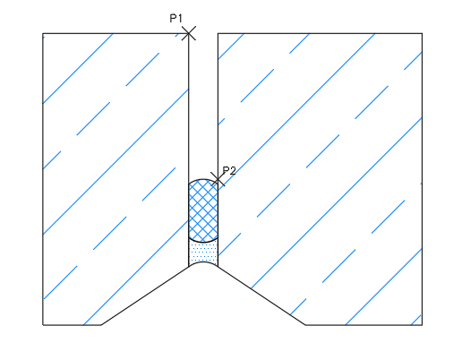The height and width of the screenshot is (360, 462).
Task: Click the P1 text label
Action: point(175,19)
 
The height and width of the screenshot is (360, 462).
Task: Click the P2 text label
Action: point(229,170)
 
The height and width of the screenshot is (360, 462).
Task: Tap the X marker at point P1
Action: point(189,33)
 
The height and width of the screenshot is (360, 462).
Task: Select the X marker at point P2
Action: point(218,179)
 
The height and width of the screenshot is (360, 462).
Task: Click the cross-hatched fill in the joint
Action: point(203,210)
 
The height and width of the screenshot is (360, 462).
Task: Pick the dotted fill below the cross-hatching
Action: point(203,253)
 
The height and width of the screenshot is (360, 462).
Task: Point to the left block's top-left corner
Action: point(43,33)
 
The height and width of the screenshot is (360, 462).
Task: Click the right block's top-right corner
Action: point(422,33)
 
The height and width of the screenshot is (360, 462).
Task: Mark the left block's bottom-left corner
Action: point(43,325)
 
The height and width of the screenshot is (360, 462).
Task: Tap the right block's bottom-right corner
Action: point(422,325)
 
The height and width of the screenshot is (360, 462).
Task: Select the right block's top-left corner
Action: point(218,33)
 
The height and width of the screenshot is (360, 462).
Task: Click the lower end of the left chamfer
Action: point(101,325)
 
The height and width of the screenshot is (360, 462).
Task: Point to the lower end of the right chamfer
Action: point(305,325)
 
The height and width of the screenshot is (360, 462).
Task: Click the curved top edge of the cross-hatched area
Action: point(203,179)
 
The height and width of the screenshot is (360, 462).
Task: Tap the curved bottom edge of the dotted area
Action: point(203,262)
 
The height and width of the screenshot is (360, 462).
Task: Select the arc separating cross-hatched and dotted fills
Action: point(203,242)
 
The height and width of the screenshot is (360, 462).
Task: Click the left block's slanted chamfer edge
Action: point(145,296)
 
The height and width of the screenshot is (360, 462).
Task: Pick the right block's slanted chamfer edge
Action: point(261,296)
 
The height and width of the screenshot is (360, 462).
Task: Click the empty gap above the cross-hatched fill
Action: point(203,106)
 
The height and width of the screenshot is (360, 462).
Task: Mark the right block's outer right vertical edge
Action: point(422,179)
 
